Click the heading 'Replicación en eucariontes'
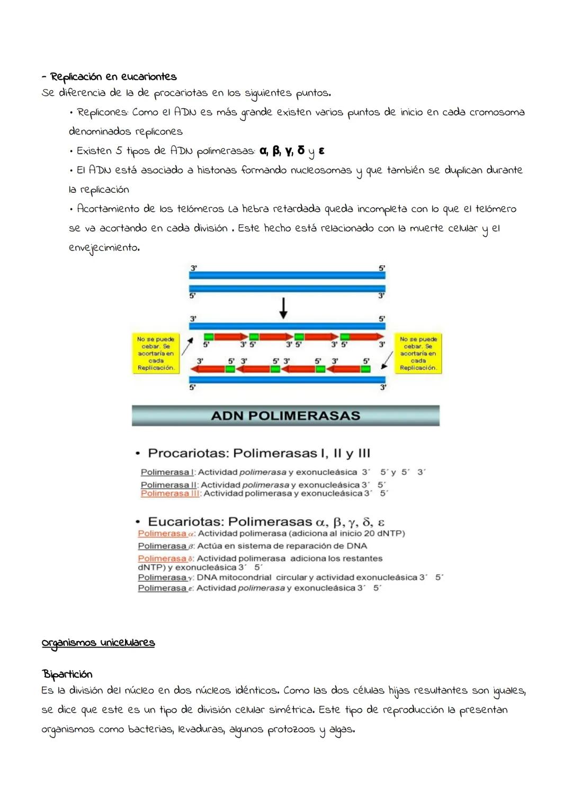tap(113, 77)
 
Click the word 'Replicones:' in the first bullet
tap(102, 112)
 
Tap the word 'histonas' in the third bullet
tap(217, 170)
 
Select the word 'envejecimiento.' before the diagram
tap(104, 248)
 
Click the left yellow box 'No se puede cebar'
tap(156, 353)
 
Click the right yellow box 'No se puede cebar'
tap(418, 353)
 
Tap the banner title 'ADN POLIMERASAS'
tap(285, 416)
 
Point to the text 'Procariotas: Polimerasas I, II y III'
tap(259, 454)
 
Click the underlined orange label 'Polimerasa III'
tap(170, 493)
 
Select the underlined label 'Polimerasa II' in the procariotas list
tap(168, 485)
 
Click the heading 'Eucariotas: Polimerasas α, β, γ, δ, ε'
tap(266, 522)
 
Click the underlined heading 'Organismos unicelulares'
tap(98, 643)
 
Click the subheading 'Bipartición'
tap(67, 674)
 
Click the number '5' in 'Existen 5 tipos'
tap(119, 151)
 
